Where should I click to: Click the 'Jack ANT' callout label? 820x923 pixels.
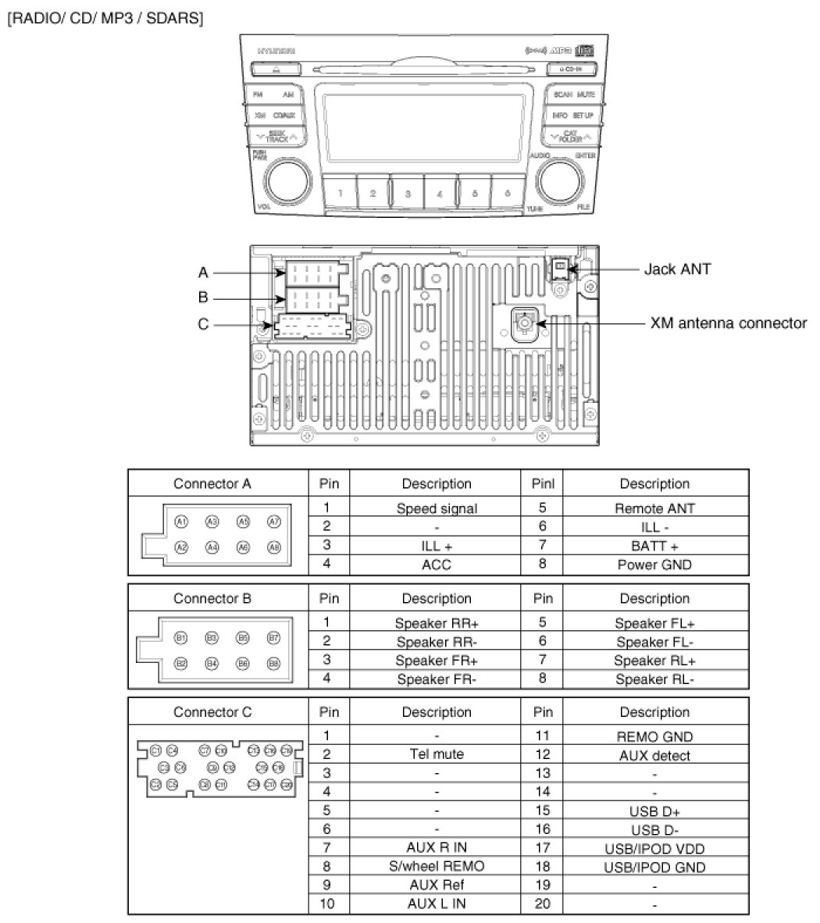coord(676,269)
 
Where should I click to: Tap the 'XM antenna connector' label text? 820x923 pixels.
coord(729,323)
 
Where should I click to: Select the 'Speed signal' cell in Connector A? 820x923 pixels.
coord(436,508)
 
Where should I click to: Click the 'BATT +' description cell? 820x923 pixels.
coord(654,546)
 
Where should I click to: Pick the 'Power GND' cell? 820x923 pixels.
coord(654,565)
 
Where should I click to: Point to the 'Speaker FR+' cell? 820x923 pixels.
coord(436,661)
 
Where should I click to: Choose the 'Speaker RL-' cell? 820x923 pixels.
coord(654,679)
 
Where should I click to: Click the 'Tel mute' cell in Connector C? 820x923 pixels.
coord(436,754)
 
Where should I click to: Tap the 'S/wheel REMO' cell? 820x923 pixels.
coord(436,866)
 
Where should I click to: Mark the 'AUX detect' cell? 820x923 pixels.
coord(654,755)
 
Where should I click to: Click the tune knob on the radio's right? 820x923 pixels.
coord(559,181)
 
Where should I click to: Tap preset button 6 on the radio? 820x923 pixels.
coord(508,192)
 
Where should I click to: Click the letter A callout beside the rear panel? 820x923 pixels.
coord(203,273)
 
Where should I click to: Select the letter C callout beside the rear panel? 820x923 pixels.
coord(203,323)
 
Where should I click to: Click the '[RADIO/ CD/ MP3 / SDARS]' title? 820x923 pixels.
coord(105,17)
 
